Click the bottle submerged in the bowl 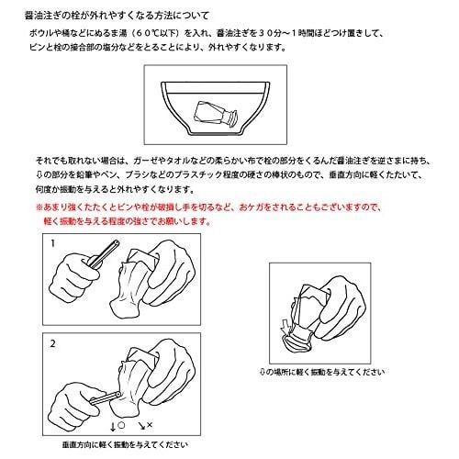click(x=217, y=114)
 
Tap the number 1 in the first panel click(x=53, y=243)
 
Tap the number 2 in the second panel click(x=53, y=343)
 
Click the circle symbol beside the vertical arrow click(x=121, y=425)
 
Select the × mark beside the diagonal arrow click(x=150, y=425)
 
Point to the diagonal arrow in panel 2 click(x=141, y=426)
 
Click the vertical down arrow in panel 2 click(x=113, y=427)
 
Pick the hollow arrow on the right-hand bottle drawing click(x=285, y=327)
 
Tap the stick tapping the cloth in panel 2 click(x=106, y=397)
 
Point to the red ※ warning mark click(x=39, y=207)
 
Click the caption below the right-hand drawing click(x=322, y=372)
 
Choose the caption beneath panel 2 click(x=125, y=444)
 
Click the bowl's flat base click(x=216, y=134)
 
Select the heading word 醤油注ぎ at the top click(x=41, y=16)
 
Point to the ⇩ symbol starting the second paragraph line click(x=39, y=174)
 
